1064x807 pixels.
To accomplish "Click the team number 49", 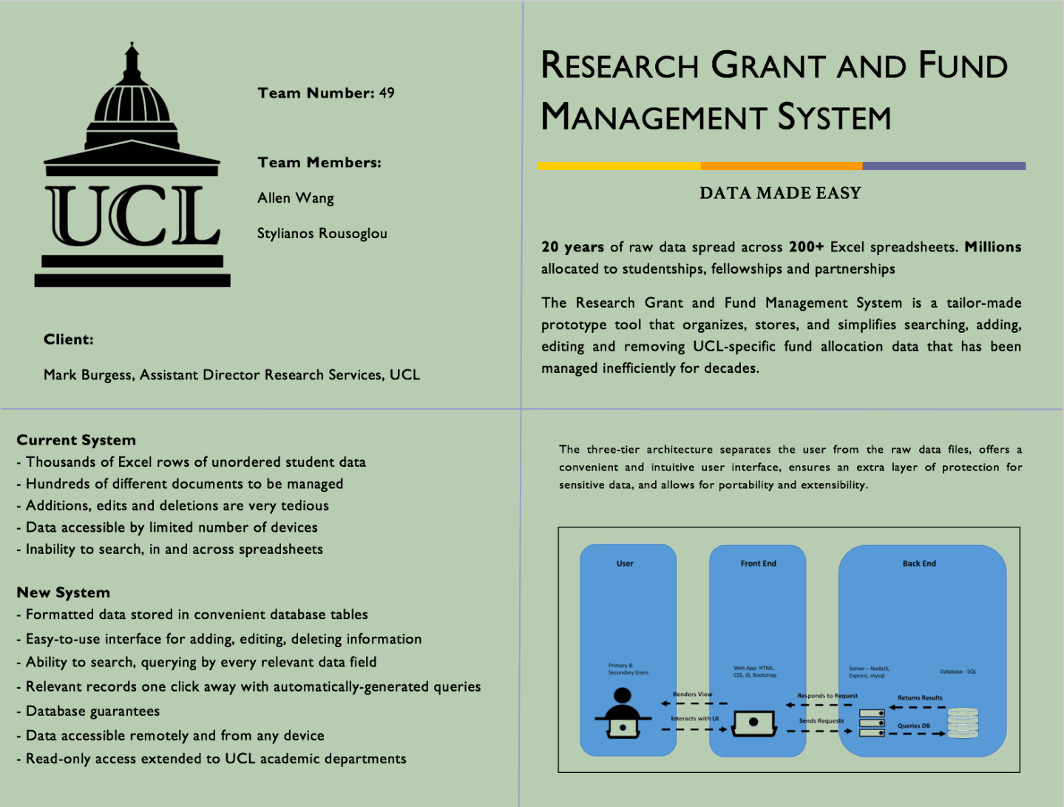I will (387, 93).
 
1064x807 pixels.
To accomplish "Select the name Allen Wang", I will (296, 198).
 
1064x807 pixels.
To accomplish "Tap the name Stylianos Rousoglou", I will (322, 234).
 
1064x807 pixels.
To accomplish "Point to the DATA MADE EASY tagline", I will (780, 194).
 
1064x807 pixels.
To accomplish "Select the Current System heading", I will (76, 440).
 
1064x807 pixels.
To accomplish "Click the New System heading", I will (64, 592).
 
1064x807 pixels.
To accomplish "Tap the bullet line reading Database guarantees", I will (92, 712).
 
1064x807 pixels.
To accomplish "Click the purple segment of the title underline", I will (944, 166).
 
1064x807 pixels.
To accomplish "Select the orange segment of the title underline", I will (782, 166).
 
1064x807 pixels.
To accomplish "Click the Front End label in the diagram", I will (759, 564).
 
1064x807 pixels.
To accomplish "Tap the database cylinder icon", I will (963, 723).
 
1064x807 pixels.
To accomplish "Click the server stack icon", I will (872, 723).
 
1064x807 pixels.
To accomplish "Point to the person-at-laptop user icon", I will (623, 714).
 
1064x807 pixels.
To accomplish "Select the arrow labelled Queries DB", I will (917, 734).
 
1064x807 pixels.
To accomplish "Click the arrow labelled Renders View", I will (694, 703).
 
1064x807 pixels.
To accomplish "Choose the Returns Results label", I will (920, 698).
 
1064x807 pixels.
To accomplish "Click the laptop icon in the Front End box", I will (753, 723).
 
